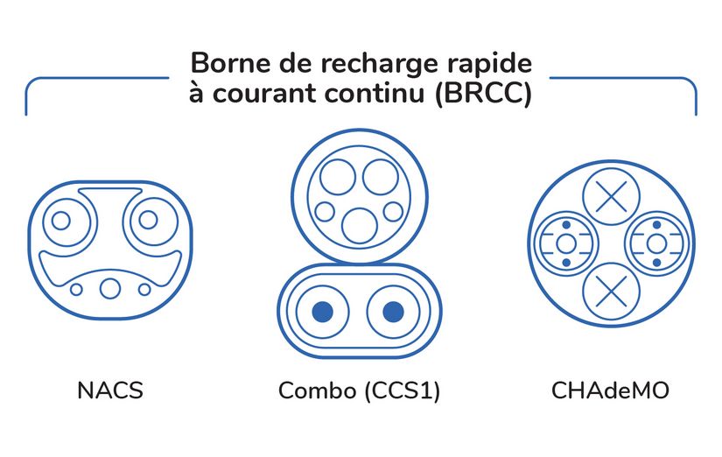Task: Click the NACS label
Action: (x=109, y=391)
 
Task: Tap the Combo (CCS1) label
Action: (x=359, y=391)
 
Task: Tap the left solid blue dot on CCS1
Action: (x=322, y=311)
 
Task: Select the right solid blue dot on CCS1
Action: (x=393, y=311)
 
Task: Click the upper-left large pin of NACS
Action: (x=61, y=220)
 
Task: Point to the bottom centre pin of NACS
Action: (x=109, y=287)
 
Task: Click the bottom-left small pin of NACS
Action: (x=76, y=289)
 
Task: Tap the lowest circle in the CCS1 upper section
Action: (x=359, y=225)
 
